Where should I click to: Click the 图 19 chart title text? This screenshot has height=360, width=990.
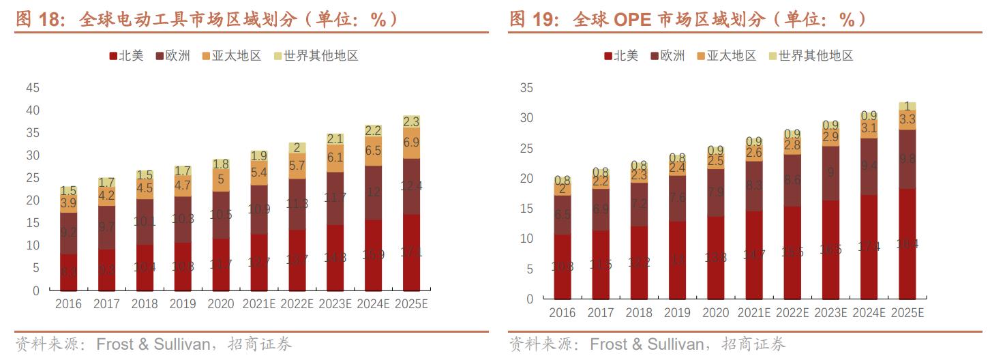[x=689, y=20]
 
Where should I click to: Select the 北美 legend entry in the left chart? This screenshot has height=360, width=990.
[x=126, y=56]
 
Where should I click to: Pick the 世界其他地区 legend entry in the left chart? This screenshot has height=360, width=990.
[x=316, y=56]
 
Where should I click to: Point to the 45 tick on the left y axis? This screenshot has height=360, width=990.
[x=33, y=88]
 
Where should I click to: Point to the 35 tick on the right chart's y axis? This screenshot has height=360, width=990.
[x=526, y=88]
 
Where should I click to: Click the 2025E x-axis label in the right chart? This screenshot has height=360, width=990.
[x=907, y=313]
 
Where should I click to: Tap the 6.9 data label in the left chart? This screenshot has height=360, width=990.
[x=411, y=143]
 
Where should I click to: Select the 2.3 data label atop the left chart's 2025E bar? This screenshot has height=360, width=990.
[x=411, y=121]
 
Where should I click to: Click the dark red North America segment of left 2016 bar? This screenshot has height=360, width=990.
[x=68, y=272]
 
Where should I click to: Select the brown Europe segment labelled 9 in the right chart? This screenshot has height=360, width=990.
[x=830, y=173]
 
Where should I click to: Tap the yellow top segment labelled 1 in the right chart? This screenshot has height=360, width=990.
[x=907, y=106]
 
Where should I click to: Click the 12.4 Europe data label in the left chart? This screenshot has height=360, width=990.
[x=411, y=186]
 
